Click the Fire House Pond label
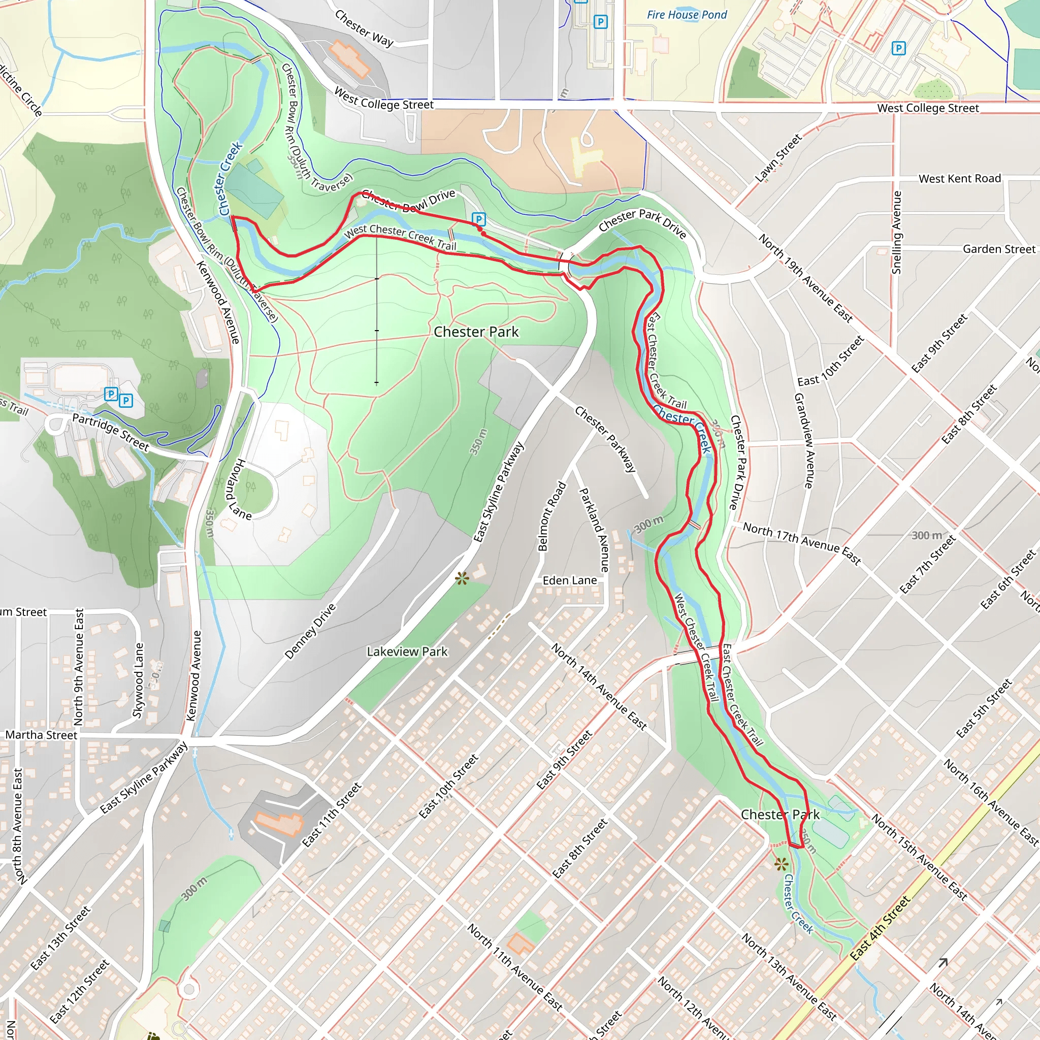coord(687,15)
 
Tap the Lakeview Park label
coord(407,652)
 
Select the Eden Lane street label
coord(570,580)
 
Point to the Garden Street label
coord(998,249)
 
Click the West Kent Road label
coord(959,178)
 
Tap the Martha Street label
coord(42,735)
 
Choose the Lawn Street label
coord(778,158)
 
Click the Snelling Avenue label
coord(896,233)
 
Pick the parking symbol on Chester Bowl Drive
coord(478,219)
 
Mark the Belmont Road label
coord(552,516)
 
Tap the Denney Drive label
coord(310,631)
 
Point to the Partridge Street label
coord(110,432)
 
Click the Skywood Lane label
coord(138,680)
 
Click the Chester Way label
coord(364,28)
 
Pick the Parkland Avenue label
coord(594,530)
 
